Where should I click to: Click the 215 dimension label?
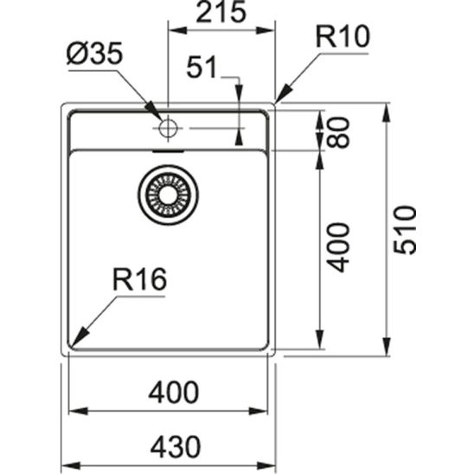(x=220, y=14)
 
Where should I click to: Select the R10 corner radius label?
(x=343, y=37)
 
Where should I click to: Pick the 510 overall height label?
(x=405, y=229)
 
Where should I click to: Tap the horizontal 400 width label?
(x=173, y=393)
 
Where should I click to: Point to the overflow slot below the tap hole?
(x=168, y=150)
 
